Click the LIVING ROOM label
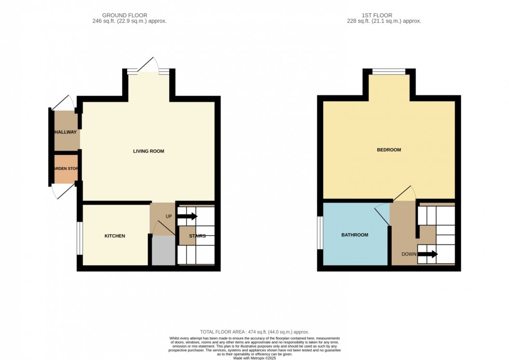(149, 151)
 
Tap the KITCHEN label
(115, 236)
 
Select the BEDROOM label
(389, 150)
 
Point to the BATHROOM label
(354, 235)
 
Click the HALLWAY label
(66, 132)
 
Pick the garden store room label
(65, 169)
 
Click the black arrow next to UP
(186, 216)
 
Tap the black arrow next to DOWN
(427, 254)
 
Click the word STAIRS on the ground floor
(197, 236)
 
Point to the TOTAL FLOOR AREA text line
(254, 331)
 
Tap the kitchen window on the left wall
(79, 238)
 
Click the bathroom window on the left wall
(319, 232)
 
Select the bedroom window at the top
(389, 72)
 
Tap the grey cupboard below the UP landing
(163, 250)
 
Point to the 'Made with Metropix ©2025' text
(254, 358)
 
